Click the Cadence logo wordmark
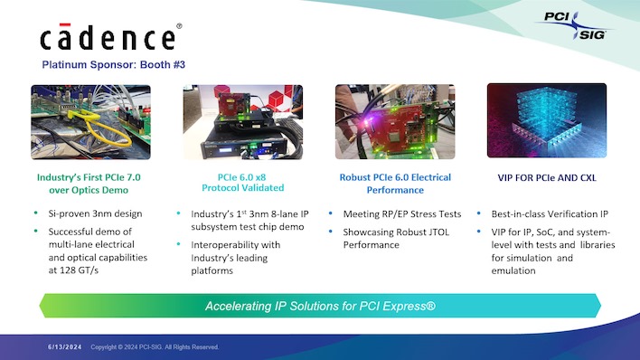click(108, 38)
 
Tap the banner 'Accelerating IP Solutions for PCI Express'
click(320, 306)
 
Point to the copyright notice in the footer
click(154, 346)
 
